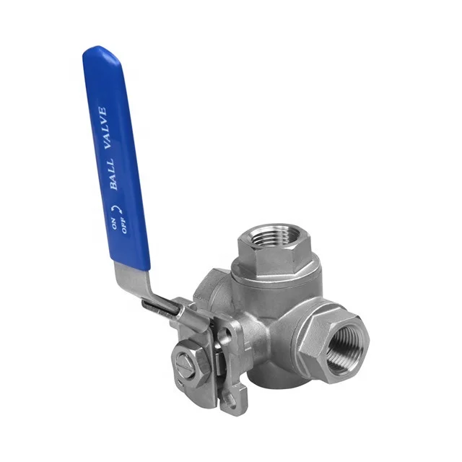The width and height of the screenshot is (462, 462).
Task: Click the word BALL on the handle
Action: coord(113,174)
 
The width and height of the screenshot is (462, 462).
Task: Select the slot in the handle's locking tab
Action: coord(158,308)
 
